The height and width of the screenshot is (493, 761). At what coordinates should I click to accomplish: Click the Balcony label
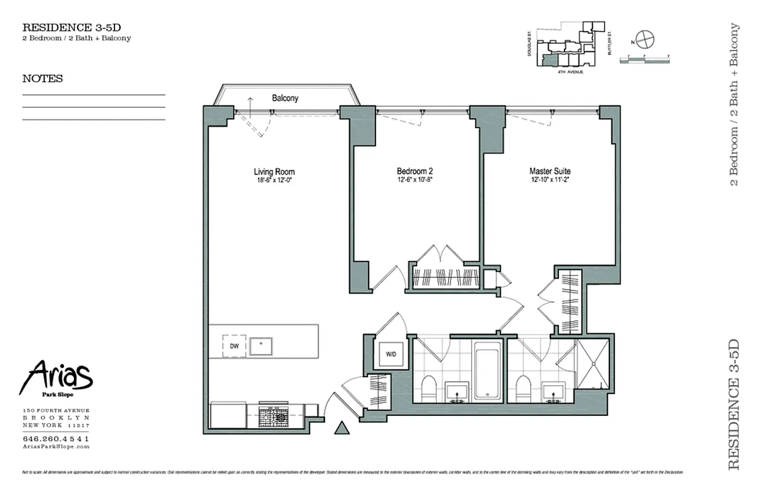coord(285,98)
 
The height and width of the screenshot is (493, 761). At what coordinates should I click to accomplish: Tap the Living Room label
coord(274,172)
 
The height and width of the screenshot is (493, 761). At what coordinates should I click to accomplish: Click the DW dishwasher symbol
coord(234,346)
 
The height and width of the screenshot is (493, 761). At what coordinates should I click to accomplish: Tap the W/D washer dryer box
coord(390,354)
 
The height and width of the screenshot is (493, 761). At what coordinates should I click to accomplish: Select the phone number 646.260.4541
coord(56,438)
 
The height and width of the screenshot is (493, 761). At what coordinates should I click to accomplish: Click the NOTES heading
coord(42,79)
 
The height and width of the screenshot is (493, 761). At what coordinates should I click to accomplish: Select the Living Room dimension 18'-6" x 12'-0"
coord(274,181)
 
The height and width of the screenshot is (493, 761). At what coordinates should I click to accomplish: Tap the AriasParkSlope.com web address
coord(56,446)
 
